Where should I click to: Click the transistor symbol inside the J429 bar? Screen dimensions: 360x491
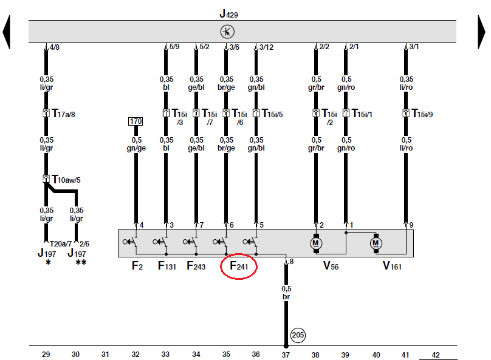pos(227,32)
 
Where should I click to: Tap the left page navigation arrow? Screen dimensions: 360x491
pos(6,32)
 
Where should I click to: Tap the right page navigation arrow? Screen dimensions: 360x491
pos(482,32)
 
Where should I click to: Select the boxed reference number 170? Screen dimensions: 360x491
pos(135,122)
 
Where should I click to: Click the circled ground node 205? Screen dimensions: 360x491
pos(298,335)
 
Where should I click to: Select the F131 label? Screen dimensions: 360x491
pos(168,265)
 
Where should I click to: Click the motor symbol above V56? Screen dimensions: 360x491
pos(315,243)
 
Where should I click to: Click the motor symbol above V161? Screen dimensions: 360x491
pos(376,243)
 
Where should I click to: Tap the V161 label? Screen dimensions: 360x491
pos(393,265)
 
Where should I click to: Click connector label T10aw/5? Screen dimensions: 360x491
pos(66,179)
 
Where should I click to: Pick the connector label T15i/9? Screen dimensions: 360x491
pos(424,114)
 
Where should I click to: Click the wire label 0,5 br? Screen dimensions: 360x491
pos(286,293)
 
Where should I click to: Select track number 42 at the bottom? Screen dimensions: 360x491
pos(434,354)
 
